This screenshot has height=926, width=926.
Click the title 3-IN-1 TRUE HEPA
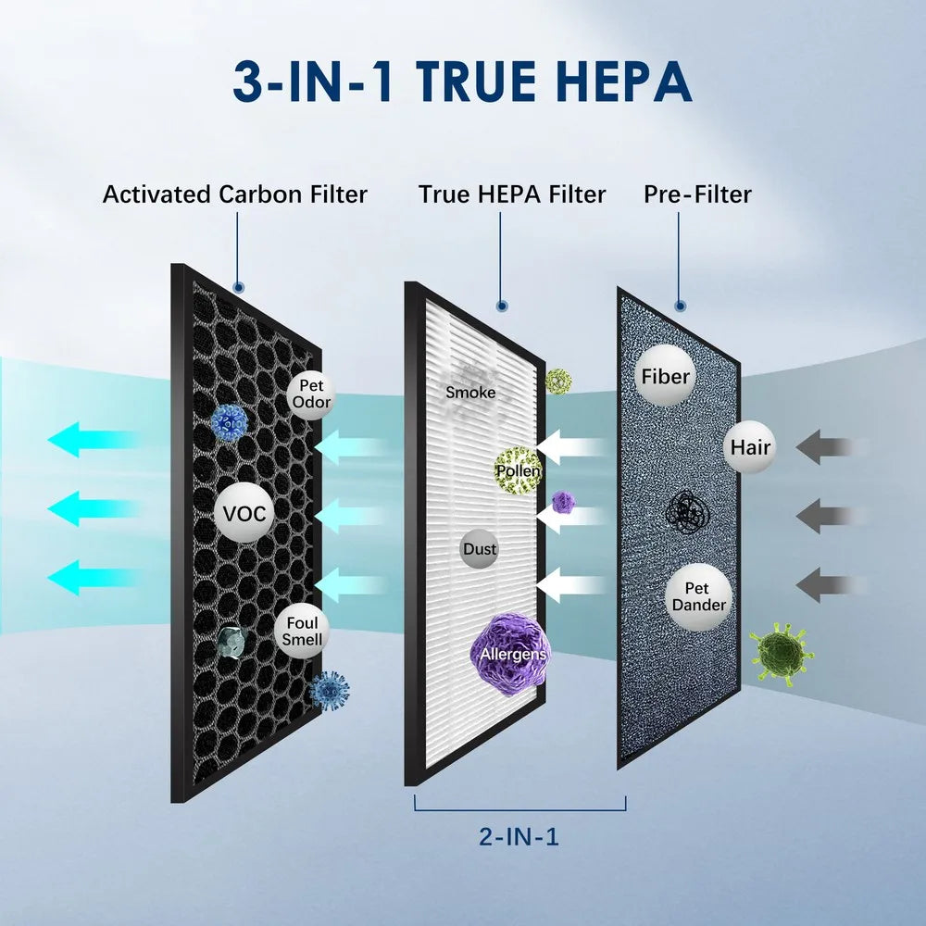pyautogui.click(x=462, y=81)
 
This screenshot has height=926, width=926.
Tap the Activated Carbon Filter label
pyautogui.click(x=235, y=194)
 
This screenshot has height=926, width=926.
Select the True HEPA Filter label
pyautogui.click(x=511, y=194)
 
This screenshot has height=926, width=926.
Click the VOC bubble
pyautogui.click(x=245, y=514)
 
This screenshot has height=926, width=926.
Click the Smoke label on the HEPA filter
pyautogui.click(x=470, y=393)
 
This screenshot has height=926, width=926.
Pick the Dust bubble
pyautogui.click(x=480, y=549)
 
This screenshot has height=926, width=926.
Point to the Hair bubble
pyautogui.click(x=750, y=447)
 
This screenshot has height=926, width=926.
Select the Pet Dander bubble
pyautogui.click(x=699, y=597)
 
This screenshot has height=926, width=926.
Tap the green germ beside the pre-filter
pyautogui.click(x=779, y=652)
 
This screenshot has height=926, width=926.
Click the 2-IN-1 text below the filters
pyautogui.click(x=519, y=838)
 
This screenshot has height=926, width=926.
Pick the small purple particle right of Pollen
pyautogui.click(x=563, y=502)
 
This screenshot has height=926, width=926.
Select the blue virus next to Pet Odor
pyautogui.click(x=229, y=421)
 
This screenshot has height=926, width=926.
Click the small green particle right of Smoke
pyautogui.click(x=558, y=380)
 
